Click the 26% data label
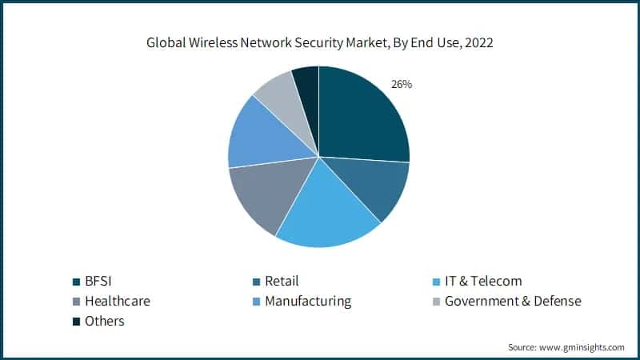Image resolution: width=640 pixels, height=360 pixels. [401, 83]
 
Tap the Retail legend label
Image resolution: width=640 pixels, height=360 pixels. [281, 281]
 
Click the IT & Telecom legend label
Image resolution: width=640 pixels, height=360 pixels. [482, 281]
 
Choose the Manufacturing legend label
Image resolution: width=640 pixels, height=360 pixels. [307, 301]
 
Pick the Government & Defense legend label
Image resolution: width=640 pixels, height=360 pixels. [512, 301]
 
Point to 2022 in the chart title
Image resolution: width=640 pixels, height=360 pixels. [478, 43]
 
